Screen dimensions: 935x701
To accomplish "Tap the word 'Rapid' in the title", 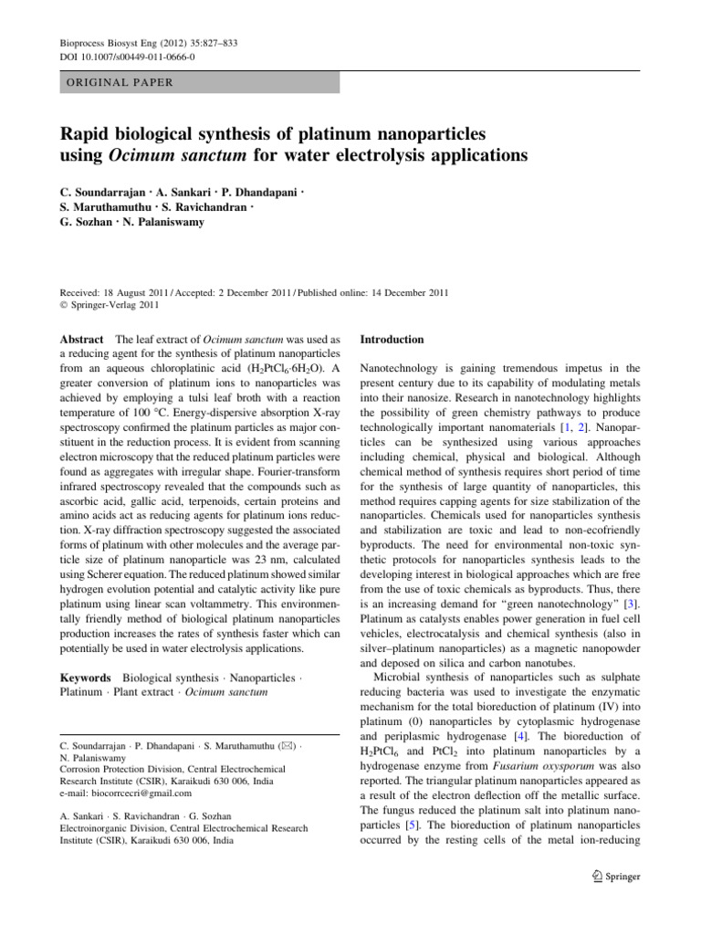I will pos(83,134).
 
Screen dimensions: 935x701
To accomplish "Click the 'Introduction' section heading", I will pos(392,340).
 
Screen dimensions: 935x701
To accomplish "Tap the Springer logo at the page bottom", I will pos(617,877).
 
